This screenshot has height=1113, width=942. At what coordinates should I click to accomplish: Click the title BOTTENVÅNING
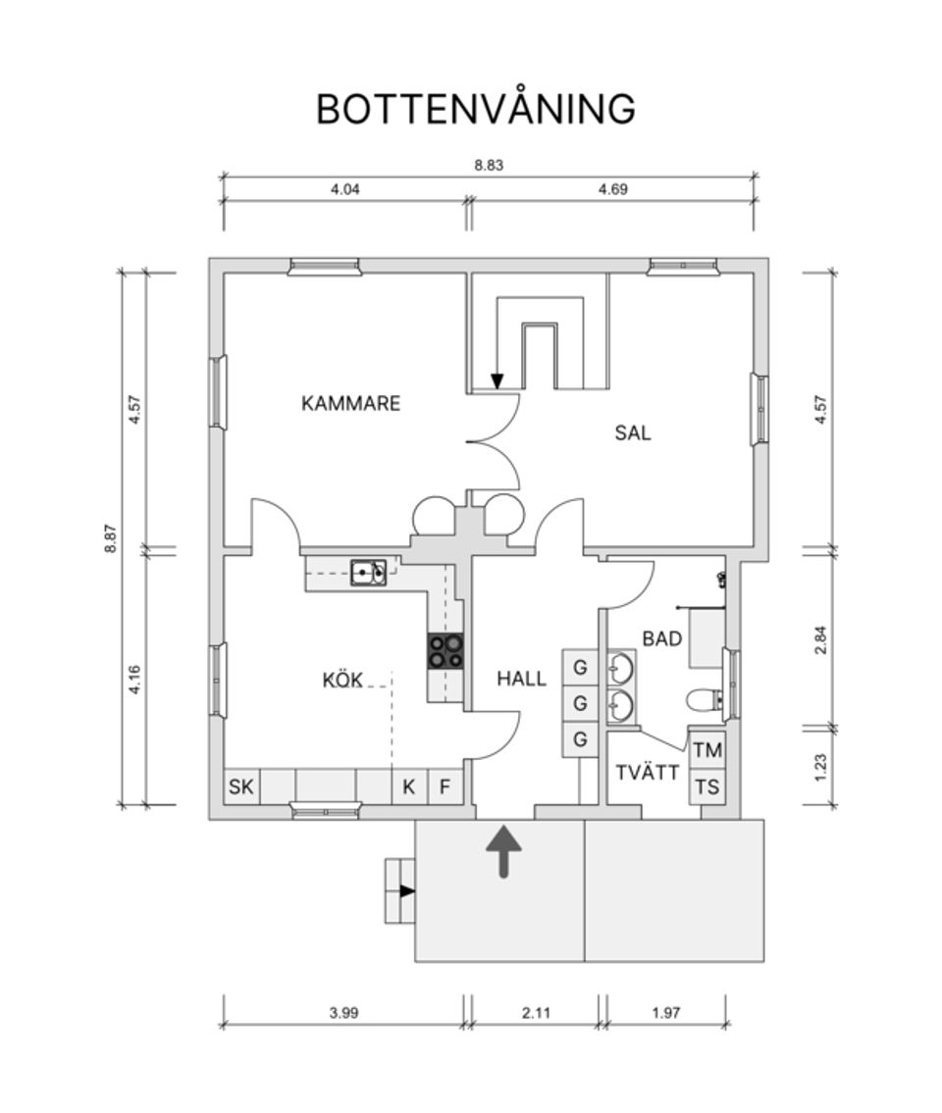click(475, 109)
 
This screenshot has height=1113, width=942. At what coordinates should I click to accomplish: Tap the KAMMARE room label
click(350, 403)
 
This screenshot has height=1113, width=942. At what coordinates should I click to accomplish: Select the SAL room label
click(633, 432)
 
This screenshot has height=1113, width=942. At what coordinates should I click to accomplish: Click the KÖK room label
click(342, 680)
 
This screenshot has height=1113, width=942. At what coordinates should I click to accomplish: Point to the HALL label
click(521, 679)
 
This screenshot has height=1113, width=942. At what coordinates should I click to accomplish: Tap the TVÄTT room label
click(648, 773)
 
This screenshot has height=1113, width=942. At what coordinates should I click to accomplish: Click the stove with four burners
click(445, 651)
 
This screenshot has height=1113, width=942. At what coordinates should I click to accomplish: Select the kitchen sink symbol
click(369, 572)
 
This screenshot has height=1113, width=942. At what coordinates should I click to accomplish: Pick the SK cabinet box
click(241, 786)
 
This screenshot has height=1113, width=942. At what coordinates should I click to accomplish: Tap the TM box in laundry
click(707, 751)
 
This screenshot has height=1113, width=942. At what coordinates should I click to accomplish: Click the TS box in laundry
click(707, 786)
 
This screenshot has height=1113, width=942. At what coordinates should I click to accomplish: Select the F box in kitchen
click(445, 786)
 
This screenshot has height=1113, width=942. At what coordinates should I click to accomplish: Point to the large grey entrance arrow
click(504, 850)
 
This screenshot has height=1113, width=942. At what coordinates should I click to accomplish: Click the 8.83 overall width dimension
click(489, 166)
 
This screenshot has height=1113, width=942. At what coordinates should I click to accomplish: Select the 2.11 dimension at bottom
click(536, 1013)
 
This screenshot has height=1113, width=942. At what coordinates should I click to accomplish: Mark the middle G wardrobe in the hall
click(580, 703)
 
